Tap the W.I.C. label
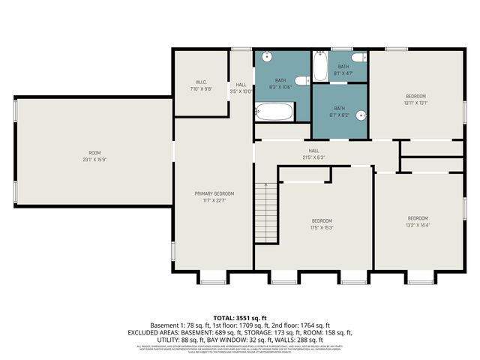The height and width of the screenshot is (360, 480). point(201,82)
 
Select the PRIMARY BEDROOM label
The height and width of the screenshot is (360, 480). point(210,193)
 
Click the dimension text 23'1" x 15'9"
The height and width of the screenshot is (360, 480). point(95,160)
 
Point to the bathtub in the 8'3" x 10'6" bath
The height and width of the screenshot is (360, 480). point(274,113)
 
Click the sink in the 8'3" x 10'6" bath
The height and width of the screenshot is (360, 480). point(266,57)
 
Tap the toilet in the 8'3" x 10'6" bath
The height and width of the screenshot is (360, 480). point(300,81)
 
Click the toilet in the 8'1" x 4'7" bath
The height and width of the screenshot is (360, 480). point(359,57)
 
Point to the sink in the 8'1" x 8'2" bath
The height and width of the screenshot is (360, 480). point(361,115)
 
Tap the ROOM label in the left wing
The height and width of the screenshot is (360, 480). point(95,153)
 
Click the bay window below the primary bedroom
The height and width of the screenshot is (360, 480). point(210,279)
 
